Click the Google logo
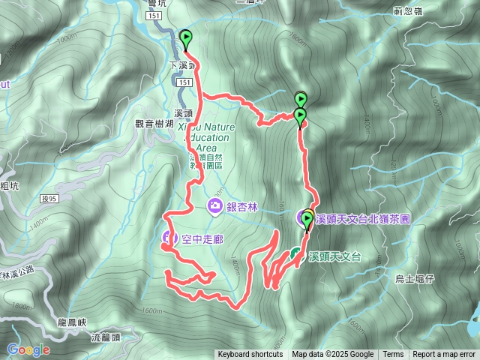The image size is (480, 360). [28, 349]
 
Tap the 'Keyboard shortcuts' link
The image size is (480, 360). [250, 355]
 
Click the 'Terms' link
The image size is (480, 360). [393, 355]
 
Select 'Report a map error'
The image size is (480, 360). [444, 355]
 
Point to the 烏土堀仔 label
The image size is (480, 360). [415, 279]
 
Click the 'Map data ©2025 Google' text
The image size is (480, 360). [333, 355]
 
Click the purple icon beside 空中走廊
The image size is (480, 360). [168, 239]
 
